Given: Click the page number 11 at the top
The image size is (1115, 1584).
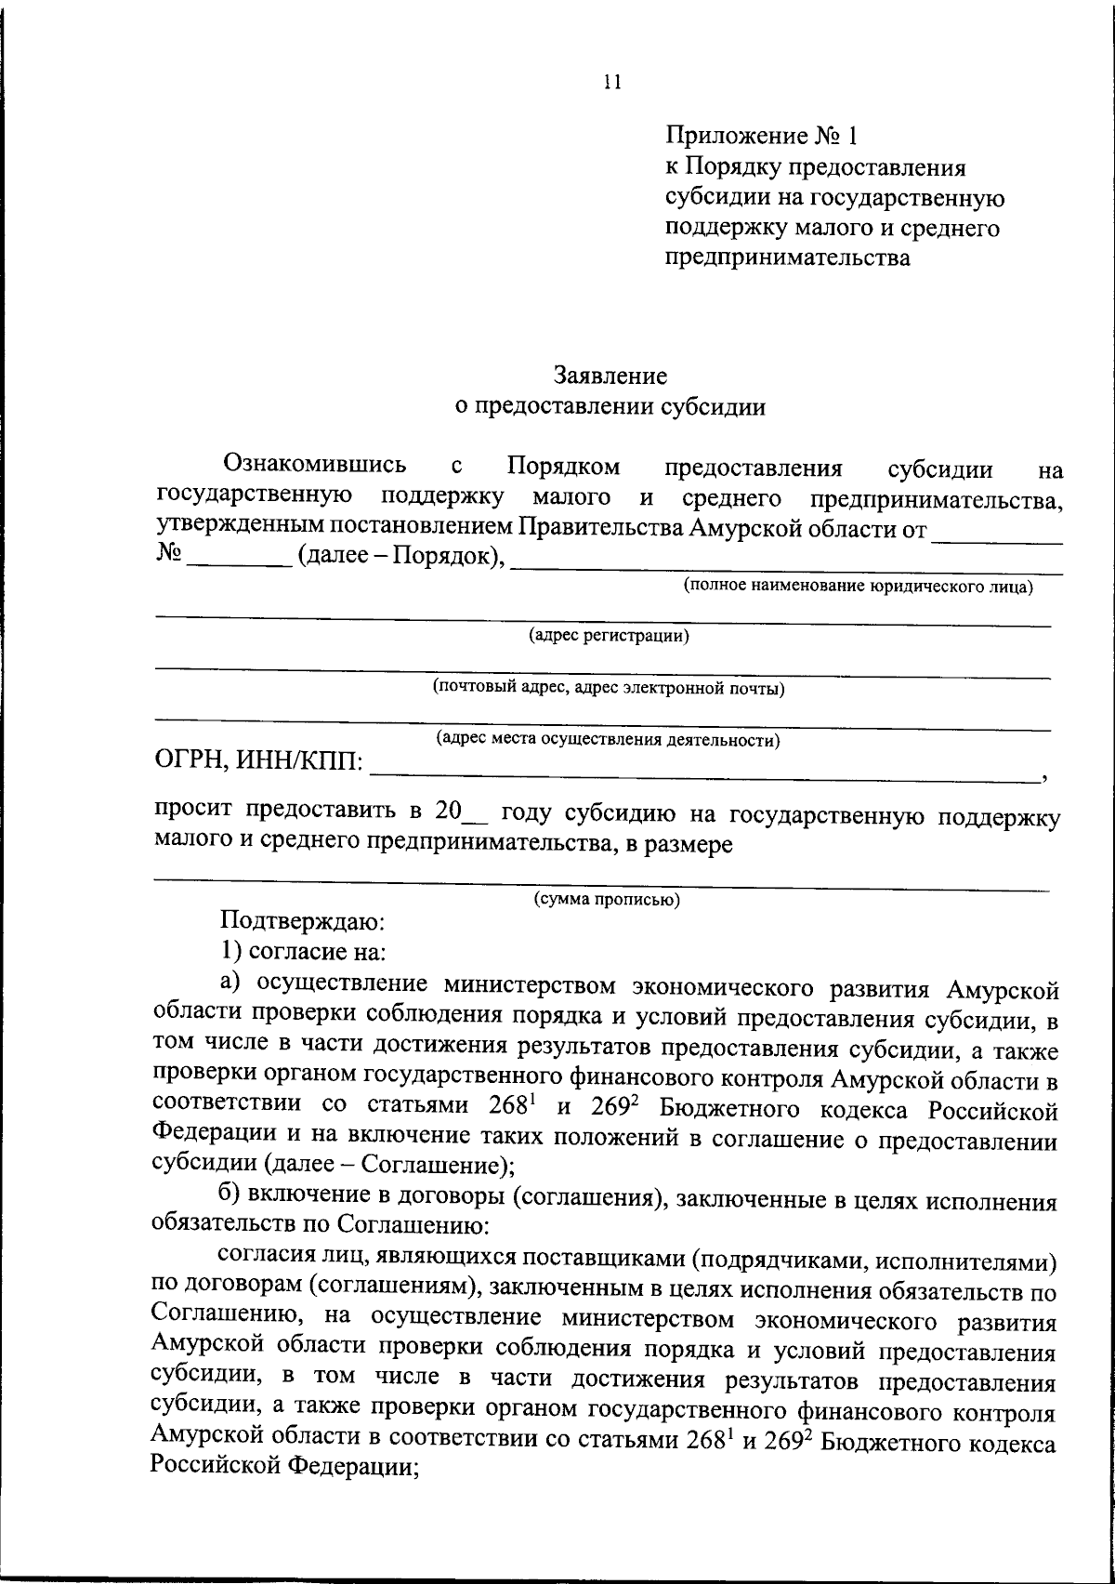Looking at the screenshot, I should tap(610, 82).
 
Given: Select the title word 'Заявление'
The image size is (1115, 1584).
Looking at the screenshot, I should tap(610, 376).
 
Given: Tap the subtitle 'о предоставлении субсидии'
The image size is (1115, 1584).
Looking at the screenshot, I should tap(610, 406).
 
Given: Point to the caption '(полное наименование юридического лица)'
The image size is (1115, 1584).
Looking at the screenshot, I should tap(859, 587).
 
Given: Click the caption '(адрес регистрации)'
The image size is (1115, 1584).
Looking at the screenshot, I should tap(610, 637).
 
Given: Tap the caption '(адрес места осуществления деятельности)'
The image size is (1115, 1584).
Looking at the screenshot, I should tap(609, 741).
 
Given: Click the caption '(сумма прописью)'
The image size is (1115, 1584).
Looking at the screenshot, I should tap(607, 900).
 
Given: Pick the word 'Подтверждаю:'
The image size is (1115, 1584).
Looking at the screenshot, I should tap(295, 922).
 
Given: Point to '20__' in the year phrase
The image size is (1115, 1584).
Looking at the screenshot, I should tap(459, 811).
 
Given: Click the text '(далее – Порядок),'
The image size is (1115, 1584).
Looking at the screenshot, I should tap(400, 559).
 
